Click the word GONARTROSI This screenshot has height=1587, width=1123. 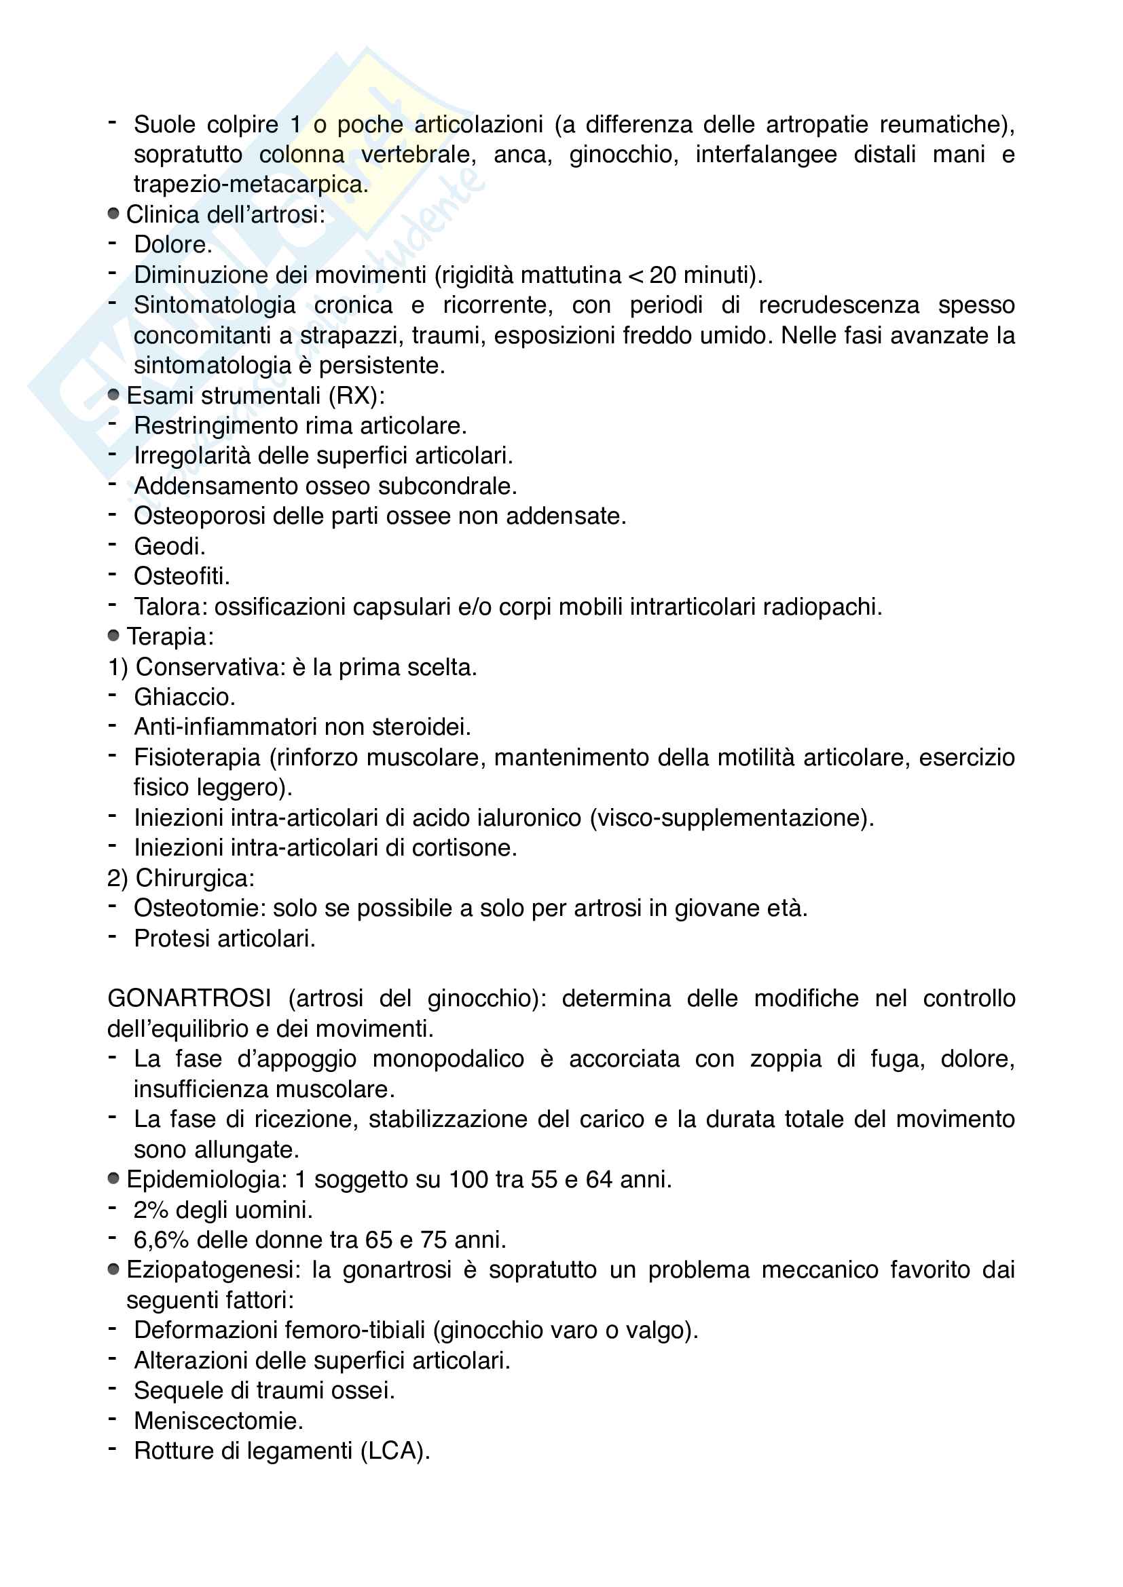coord(189,999)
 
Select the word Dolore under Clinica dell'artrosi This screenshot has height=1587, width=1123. coord(172,245)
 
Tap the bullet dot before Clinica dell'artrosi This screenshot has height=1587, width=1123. coord(113,214)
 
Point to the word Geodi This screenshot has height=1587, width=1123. coord(169,547)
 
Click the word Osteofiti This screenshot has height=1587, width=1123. coord(181,577)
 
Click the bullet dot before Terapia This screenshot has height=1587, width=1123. coord(113,636)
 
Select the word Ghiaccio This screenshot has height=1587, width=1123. coord(184,697)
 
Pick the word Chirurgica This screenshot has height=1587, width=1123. coord(194,879)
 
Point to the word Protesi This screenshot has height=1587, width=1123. coord(173,938)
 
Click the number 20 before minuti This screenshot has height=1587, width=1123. coord(663,275)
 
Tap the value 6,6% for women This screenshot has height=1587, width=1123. coord(161,1240)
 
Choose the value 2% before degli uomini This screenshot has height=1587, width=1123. coord(151,1210)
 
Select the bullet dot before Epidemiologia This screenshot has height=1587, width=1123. coord(113,1179)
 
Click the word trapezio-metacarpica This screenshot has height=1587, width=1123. coord(251,185)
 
